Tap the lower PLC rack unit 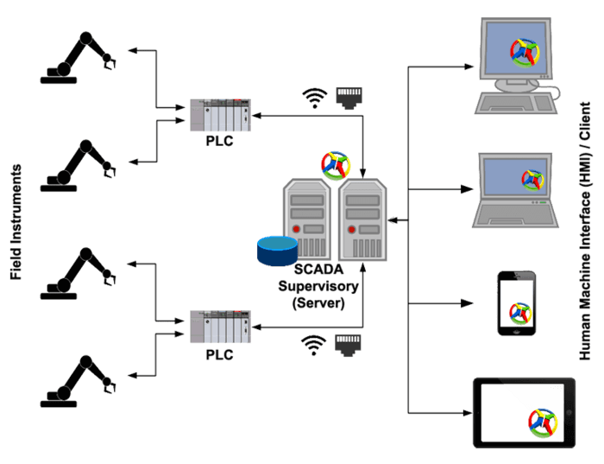(220, 327)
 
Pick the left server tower (307, 219)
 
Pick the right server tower (363, 219)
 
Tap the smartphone (516, 303)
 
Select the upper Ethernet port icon (347, 95)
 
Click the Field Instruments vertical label (16, 224)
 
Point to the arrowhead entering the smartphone (470, 303)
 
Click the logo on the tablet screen (543, 421)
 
